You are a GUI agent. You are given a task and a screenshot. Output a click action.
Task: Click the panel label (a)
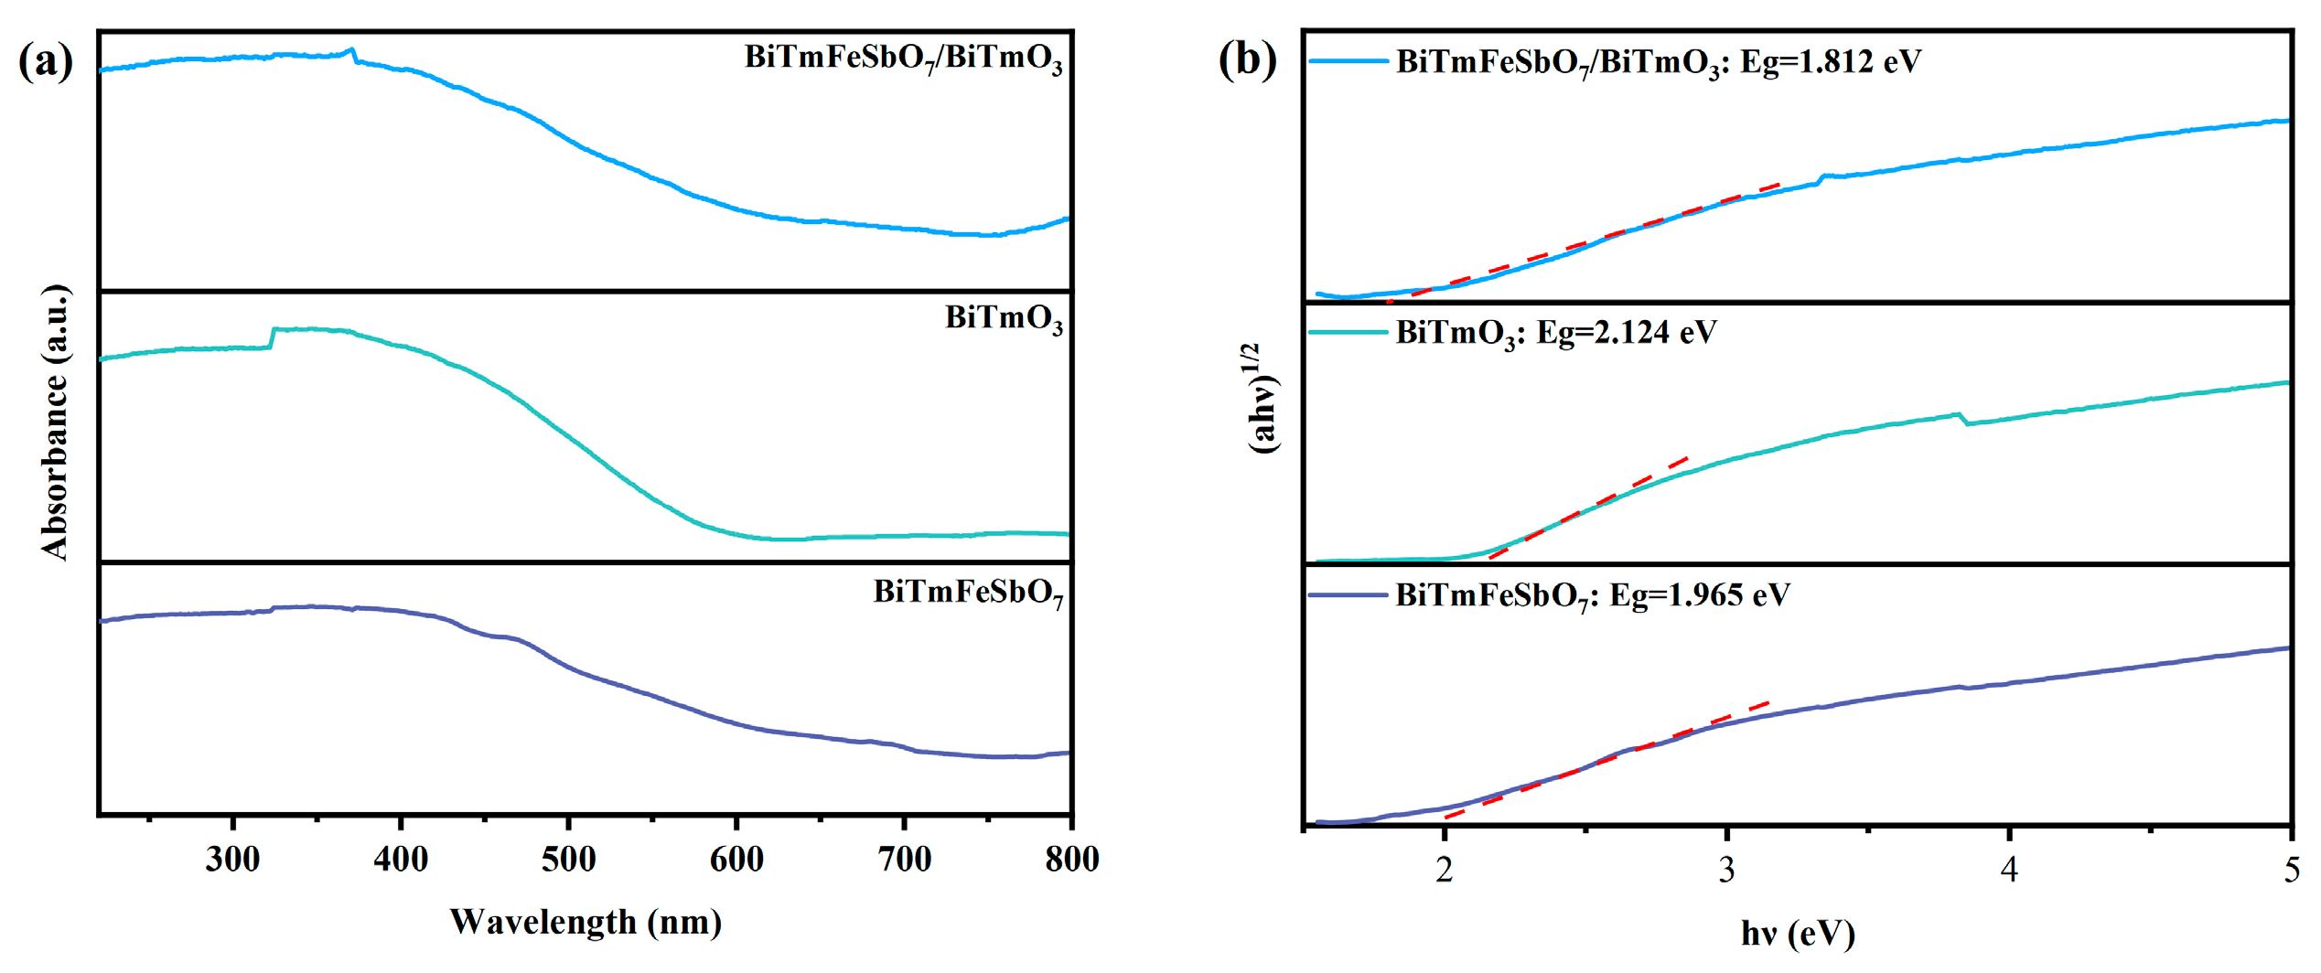[45, 62]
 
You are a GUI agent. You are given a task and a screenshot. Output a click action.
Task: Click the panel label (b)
[1247, 60]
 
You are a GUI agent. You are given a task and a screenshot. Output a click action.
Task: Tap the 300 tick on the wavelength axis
[232, 859]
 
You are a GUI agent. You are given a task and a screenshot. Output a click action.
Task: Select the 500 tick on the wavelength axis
[568, 859]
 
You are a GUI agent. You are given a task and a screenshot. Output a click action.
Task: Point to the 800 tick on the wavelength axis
[1071, 859]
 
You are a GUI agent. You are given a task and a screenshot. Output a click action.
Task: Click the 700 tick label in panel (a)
[904, 859]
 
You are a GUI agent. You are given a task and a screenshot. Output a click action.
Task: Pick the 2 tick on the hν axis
[1444, 870]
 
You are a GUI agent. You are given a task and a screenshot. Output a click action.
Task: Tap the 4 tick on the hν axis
[2009, 870]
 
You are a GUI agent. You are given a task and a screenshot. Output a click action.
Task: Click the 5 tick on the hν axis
[2291, 870]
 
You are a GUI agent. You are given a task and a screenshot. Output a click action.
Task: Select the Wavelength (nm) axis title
[586, 922]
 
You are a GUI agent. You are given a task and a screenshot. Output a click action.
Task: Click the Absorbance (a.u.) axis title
[55, 422]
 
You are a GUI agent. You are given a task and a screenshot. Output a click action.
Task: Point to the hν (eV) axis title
[1797, 934]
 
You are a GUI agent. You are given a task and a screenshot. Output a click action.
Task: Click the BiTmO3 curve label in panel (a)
[1004, 319]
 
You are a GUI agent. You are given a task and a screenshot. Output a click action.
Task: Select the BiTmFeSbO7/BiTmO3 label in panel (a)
[903, 59]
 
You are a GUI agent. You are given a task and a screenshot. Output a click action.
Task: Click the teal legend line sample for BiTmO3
[1348, 333]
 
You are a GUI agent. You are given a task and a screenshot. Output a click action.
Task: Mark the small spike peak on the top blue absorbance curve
[352, 50]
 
